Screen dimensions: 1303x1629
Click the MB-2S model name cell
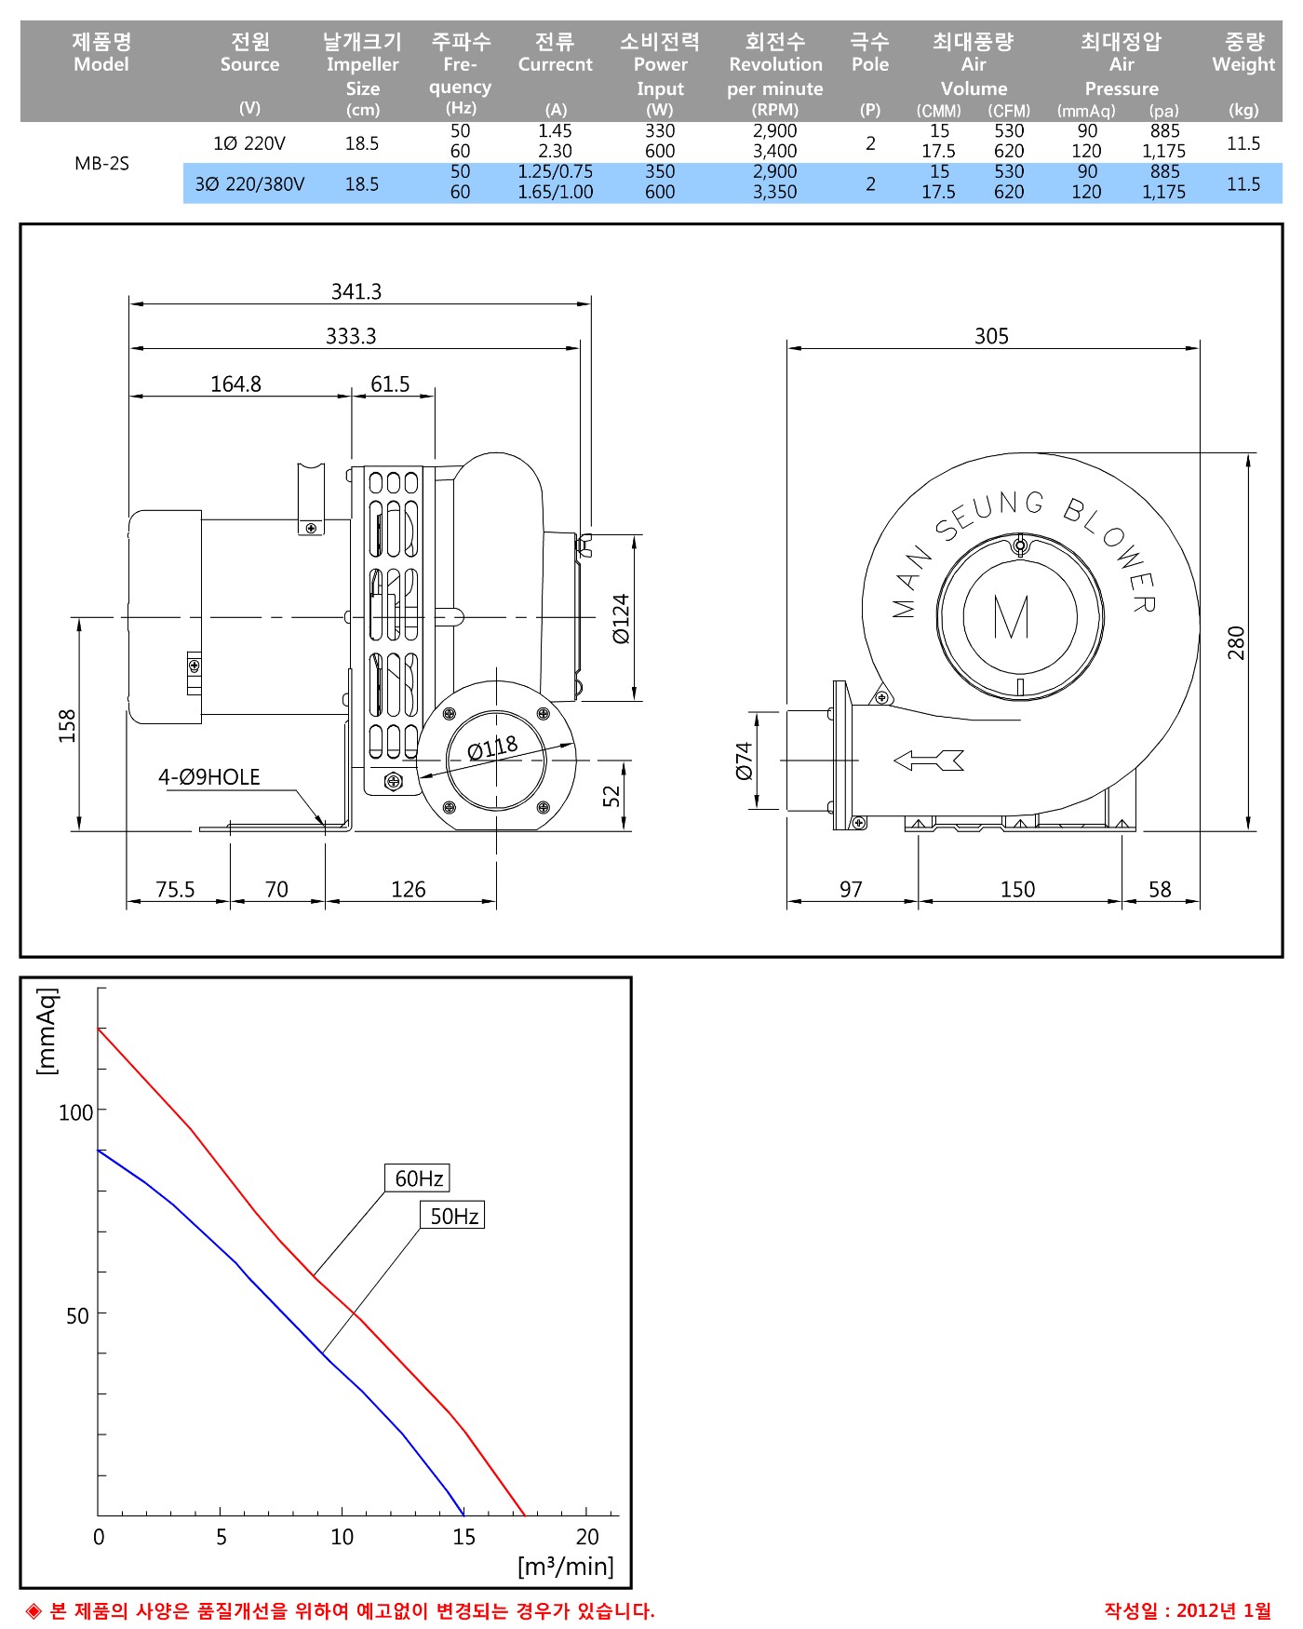click(101, 164)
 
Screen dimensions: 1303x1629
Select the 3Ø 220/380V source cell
click(249, 184)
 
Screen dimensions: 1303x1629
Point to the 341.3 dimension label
click(356, 292)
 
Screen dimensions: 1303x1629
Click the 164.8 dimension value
click(235, 384)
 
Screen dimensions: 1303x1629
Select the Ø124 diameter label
click(621, 618)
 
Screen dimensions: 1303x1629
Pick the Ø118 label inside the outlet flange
click(492, 747)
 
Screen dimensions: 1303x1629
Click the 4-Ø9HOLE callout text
click(209, 777)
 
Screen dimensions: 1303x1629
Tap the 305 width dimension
click(991, 336)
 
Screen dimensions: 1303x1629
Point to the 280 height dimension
click(1236, 642)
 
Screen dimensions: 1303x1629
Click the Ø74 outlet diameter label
click(743, 761)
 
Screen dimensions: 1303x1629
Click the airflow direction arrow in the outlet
click(929, 761)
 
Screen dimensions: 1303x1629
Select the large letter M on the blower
click(1012, 616)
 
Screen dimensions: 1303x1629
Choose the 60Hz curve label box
click(418, 1178)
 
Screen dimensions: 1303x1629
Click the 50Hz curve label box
click(453, 1216)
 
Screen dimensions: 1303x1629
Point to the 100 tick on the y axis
click(76, 1112)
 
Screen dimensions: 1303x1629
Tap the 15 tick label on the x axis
click(463, 1537)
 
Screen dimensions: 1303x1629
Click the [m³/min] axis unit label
click(566, 1567)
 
